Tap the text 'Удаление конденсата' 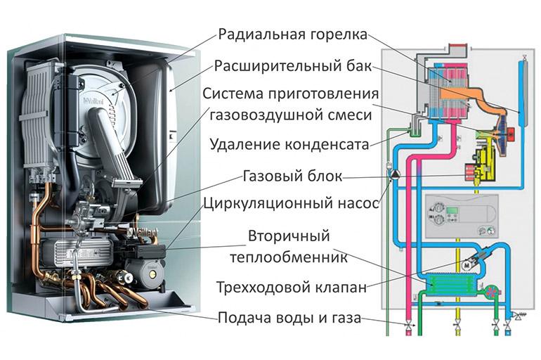click(289, 145)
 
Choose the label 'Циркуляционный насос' click(291, 204)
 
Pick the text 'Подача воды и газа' click(289, 318)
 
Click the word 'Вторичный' click(289, 235)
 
